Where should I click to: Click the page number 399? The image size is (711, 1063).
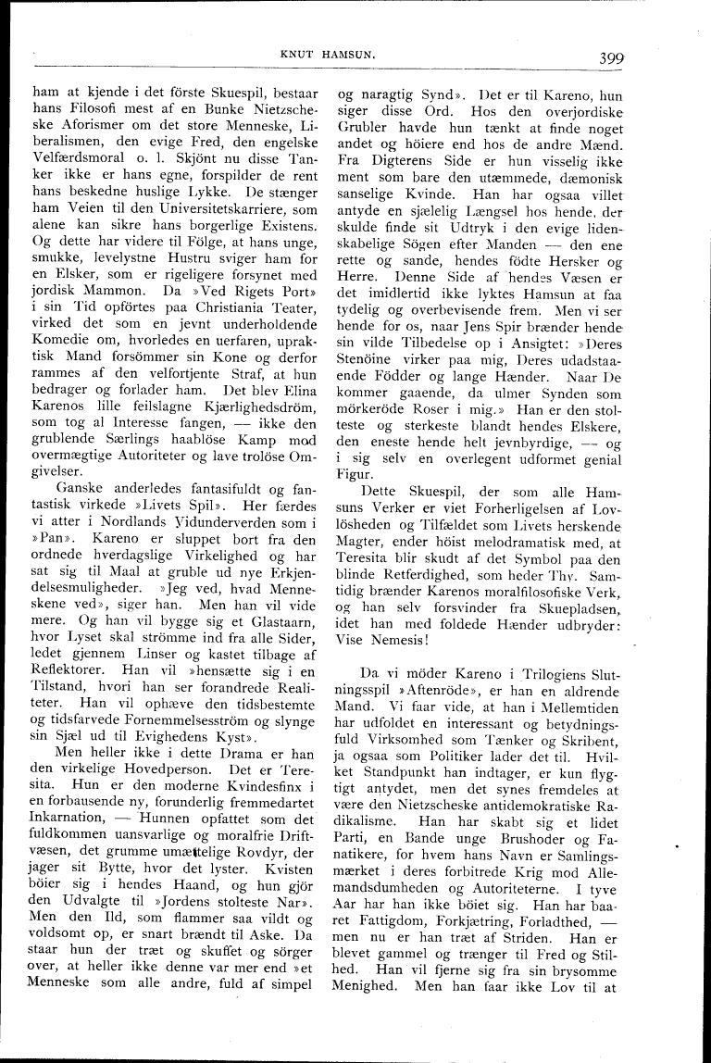point(610,57)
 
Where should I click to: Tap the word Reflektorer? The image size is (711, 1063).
point(72,673)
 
